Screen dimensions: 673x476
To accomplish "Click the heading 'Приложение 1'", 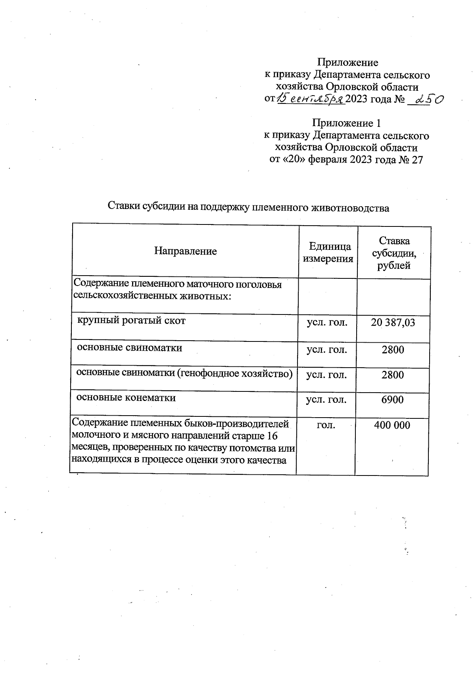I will [x=347, y=123].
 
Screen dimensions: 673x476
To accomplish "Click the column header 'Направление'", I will [x=185, y=251].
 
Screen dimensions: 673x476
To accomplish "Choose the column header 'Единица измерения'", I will [x=328, y=253].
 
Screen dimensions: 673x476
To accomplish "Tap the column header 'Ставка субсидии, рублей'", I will [x=393, y=253].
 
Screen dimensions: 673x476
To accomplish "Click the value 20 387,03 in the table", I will [x=393, y=322].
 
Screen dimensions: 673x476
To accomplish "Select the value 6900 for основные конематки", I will [x=392, y=400].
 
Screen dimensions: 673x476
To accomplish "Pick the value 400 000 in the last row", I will [x=392, y=426].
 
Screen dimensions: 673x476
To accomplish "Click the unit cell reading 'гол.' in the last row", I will [x=326, y=425].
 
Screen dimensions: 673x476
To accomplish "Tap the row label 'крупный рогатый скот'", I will [x=131, y=320].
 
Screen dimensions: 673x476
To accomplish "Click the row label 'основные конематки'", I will [x=126, y=398].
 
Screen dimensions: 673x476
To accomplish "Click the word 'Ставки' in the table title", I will [x=123, y=207].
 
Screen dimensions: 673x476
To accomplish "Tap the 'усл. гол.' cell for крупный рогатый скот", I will [x=327, y=322].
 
